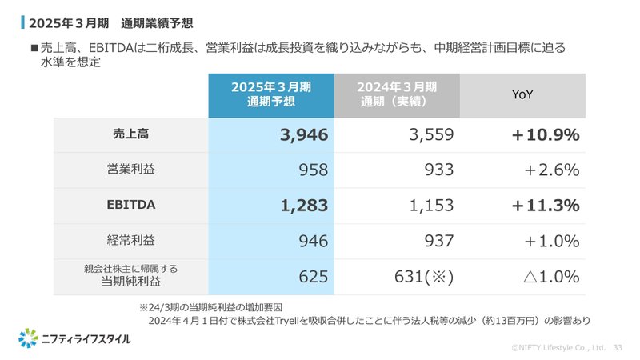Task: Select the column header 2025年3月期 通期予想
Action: pyautogui.click(x=271, y=94)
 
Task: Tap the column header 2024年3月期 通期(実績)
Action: pyautogui.click(x=397, y=94)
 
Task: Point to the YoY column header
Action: pyautogui.click(x=522, y=94)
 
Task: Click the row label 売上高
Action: pyautogui.click(x=131, y=134)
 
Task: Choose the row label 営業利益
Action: pyautogui.click(x=131, y=170)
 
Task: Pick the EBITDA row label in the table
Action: pyautogui.click(x=131, y=205)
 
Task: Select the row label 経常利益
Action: pyautogui.click(x=131, y=240)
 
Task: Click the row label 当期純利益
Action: pyautogui.click(x=131, y=282)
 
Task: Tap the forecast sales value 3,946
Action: pyautogui.click(x=304, y=135)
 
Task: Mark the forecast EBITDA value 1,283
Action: pyautogui.click(x=304, y=206)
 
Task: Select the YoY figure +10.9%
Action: pyautogui.click(x=546, y=135)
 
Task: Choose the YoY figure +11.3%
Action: pyautogui.click(x=546, y=206)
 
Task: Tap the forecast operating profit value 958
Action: pyautogui.click(x=310, y=170)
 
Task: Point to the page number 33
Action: pyautogui.click(x=618, y=348)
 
